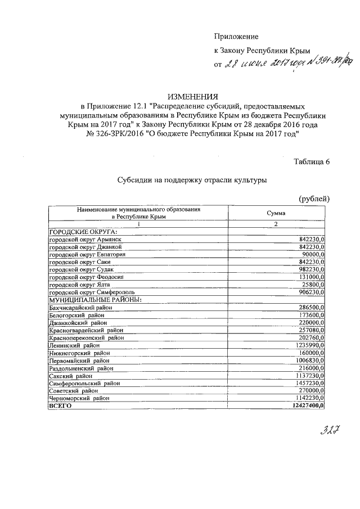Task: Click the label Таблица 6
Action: pyautogui.click(x=311, y=162)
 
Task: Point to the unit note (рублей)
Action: pyautogui.click(x=313, y=199)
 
